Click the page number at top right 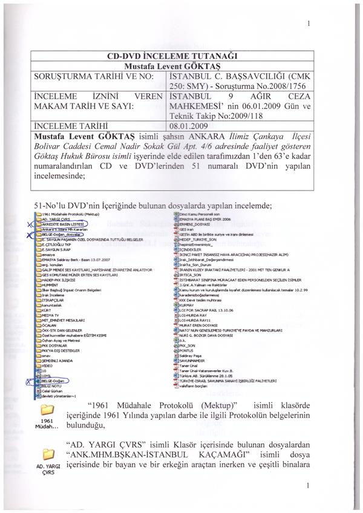tap(309, 24)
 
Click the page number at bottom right tap(309, 485)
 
